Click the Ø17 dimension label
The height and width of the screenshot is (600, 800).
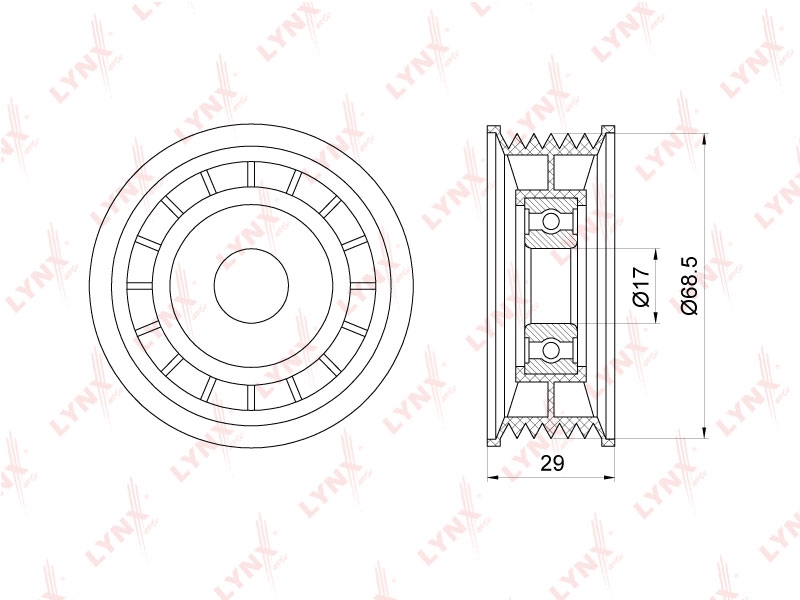pos(642,286)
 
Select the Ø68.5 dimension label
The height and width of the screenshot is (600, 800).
pos(689,286)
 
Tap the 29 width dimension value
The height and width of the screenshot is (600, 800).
pos(552,463)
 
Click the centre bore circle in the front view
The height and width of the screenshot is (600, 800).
pos(252,286)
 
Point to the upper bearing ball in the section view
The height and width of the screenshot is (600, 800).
pos(551,221)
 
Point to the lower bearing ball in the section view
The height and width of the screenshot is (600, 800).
pos(551,351)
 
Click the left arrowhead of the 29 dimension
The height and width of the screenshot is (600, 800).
pos(493,478)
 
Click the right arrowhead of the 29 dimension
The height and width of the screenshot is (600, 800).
pos(609,478)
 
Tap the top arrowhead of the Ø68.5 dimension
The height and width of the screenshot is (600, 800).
pos(705,139)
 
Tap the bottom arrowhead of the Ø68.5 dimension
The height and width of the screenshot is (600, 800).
pos(705,433)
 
